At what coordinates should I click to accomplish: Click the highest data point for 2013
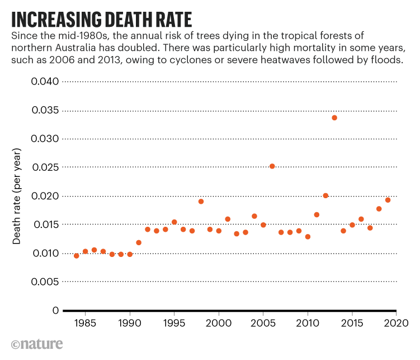(334, 118)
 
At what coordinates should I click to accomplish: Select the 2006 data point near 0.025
(272, 166)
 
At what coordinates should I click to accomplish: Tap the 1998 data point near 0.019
(201, 202)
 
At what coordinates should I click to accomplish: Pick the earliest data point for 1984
(77, 256)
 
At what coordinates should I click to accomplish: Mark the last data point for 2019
(388, 200)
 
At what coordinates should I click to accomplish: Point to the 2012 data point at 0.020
(325, 196)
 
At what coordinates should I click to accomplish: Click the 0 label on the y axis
(54, 310)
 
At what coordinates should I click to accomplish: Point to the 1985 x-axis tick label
(85, 323)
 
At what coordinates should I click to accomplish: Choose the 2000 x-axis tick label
(219, 323)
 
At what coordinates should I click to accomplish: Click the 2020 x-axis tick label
(397, 323)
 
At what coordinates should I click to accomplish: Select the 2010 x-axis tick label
(308, 323)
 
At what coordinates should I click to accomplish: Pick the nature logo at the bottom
(36, 343)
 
